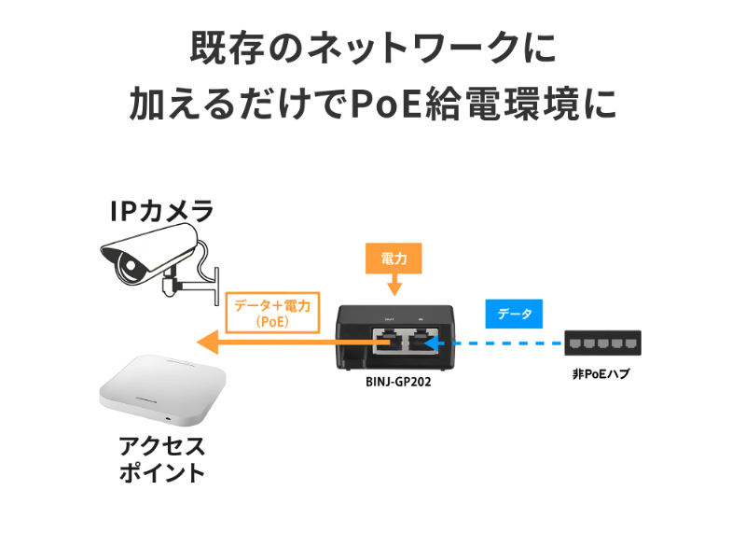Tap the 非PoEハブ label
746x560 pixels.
602,374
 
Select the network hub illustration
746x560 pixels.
602,344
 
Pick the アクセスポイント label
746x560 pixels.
161,458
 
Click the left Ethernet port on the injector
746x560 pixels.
383,341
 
